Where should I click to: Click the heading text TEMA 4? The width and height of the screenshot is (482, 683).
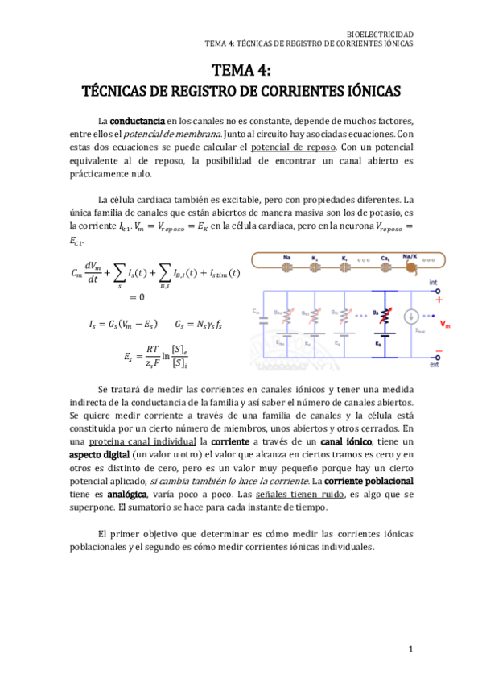[241, 71]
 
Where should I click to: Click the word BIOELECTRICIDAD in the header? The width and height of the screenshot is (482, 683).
[379, 35]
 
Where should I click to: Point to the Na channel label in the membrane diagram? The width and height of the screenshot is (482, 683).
[286, 258]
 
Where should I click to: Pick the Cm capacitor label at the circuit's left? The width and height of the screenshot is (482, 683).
[256, 309]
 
